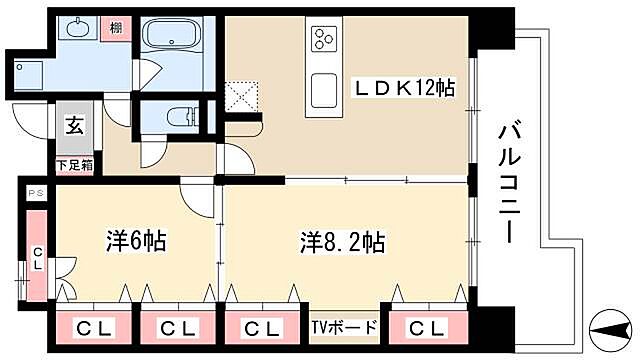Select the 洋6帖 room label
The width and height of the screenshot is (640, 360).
135,241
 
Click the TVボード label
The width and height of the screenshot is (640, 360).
341,328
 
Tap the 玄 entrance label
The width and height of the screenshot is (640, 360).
75,126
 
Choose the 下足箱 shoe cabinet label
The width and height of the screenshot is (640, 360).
74,165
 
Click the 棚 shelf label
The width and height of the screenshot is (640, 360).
117,27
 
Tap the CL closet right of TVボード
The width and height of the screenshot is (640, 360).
427,328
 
